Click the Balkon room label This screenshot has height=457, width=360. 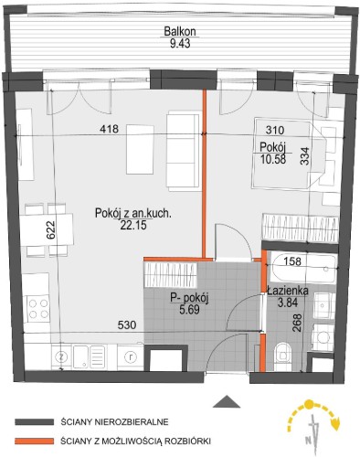coord(180,31)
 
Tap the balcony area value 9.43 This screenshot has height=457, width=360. coord(180,43)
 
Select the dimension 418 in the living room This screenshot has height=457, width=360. coord(110,129)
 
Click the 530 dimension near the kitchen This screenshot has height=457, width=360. coord(127,325)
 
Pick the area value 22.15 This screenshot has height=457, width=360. coord(133,225)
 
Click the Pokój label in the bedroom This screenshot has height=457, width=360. coord(273,147)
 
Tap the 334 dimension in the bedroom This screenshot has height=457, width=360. coord(305,156)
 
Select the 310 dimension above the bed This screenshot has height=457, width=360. coord(275,131)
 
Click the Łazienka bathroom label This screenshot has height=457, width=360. coord(288,291)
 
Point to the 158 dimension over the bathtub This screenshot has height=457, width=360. coord(292,261)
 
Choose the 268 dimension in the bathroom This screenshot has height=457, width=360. coord(297,323)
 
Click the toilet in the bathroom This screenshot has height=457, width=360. coord(282,356)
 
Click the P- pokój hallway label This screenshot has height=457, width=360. coord(189,299)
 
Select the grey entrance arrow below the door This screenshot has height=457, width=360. coord(227,401)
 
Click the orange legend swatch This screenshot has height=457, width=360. coord(34,441)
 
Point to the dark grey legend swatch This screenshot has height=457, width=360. coord(34,422)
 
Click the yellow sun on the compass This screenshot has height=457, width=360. coord(310,405)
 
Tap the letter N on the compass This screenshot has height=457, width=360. coord(308,440)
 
